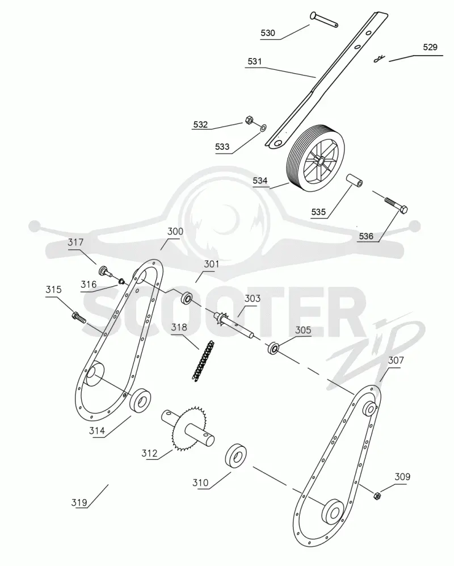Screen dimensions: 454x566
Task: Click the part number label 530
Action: (x=268, y=33)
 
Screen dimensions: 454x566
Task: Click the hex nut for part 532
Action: (x=249, y=120)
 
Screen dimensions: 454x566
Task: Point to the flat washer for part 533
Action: (x=263, y=127)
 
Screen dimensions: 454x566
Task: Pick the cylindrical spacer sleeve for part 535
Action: (x=354, y=181)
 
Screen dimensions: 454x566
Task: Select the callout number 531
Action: (x=254, y=61)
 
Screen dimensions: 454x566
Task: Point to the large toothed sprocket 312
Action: (x=187, y=428)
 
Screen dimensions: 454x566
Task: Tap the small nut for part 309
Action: (x=376, y=496)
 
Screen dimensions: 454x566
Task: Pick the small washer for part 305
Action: (x=274, y=349)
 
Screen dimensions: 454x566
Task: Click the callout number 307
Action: (x=396, y=360)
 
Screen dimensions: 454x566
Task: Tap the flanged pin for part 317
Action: (x=104, y=271)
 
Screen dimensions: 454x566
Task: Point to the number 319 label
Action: (x=79, y=502)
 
